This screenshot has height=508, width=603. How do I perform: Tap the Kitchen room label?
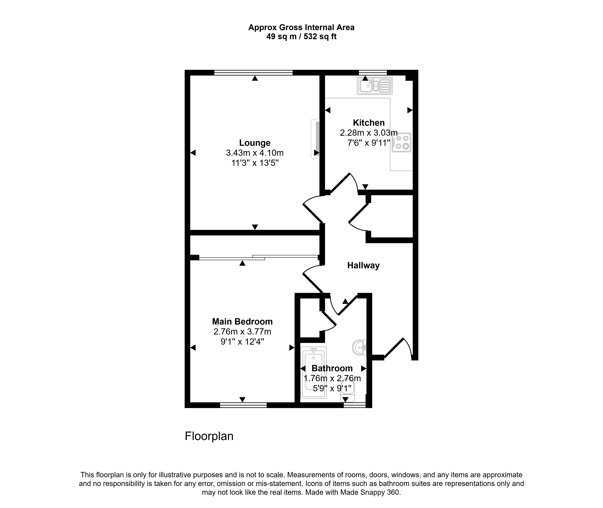[x=369, y=123]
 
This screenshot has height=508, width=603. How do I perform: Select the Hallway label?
[x=363, y=265]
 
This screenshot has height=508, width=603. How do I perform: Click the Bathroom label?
[x=332, y=368]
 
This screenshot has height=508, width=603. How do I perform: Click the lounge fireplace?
[x=316, y=139]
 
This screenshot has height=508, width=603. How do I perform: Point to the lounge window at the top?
[x=253, y=73]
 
